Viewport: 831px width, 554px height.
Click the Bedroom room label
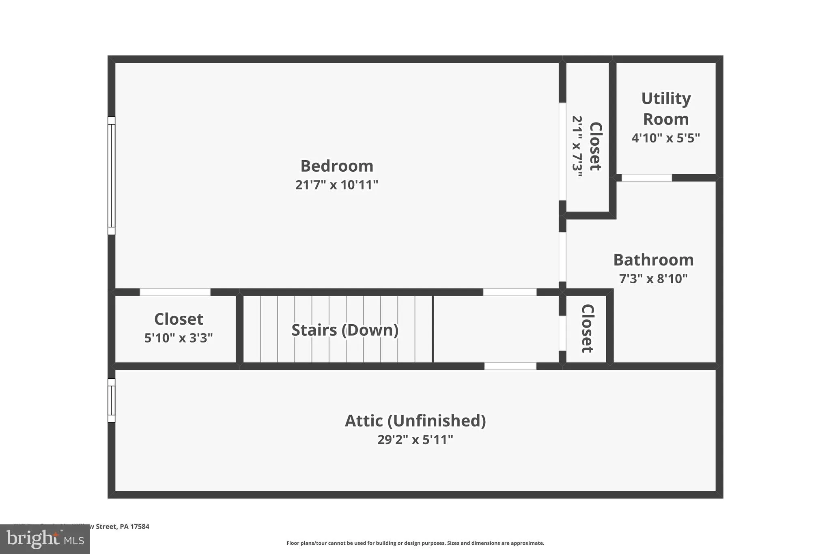(336, 166)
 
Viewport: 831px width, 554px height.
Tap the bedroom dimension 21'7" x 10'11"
(336, 185)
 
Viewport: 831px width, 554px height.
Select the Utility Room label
(666, 109)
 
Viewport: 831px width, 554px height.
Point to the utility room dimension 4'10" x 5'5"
(666, 138)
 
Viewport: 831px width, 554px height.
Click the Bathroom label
(653, 260)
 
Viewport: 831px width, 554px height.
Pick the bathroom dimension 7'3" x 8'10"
(653, 279)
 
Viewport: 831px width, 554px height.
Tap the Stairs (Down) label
(345, 330)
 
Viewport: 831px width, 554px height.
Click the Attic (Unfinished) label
(415, 421)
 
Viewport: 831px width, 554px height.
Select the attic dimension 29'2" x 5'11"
(415, 440)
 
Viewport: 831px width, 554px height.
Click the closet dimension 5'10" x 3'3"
(179, 338)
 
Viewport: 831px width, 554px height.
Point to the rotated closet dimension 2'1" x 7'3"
(577, 147)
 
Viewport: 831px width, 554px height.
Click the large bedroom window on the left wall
(111, 176)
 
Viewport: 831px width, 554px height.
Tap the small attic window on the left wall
(111, 401)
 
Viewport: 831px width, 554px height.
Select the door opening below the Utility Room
(647, 178)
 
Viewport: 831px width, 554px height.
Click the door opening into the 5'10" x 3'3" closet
(175, 292)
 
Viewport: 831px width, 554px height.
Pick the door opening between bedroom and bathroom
(562, 257)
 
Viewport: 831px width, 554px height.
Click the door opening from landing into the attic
(510, 366)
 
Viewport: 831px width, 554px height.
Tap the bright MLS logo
(45, 539)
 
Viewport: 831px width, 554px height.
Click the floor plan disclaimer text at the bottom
(415, 543)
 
